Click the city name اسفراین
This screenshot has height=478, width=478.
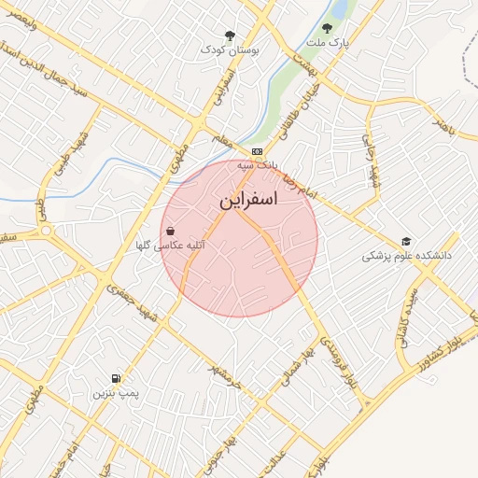tap(249, 201)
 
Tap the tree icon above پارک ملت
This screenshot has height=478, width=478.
tap(327, 28)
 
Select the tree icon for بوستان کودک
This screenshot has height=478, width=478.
tap(230, 35)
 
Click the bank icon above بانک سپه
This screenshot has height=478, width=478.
tap(257, 151)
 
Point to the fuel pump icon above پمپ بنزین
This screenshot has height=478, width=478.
tap(115, 378)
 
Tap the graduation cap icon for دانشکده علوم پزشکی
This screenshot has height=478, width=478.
tap(406, 241)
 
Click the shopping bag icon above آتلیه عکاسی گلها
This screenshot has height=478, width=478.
tap(170, 230)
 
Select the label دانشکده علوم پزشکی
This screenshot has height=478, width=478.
tap(407, 255)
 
